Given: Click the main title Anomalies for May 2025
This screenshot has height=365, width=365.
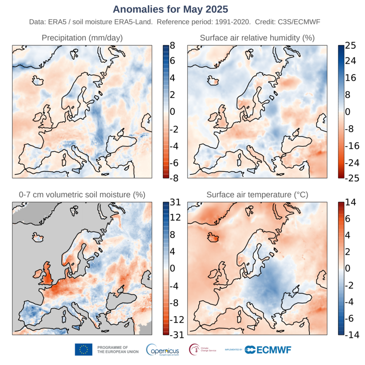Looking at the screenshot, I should click(170, 9).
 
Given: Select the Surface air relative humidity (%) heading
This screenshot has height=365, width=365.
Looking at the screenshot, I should click(257, 38).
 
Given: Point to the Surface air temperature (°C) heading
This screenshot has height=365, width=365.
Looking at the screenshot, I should click(256, 195).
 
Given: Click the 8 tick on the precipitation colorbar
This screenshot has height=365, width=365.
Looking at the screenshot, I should click(172, 44).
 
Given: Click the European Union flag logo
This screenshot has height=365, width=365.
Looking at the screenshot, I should click(83, 349).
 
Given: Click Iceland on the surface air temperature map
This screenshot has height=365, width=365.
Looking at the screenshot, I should click(212, 237).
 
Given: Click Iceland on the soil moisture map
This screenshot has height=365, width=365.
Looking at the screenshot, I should click(38, 237).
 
